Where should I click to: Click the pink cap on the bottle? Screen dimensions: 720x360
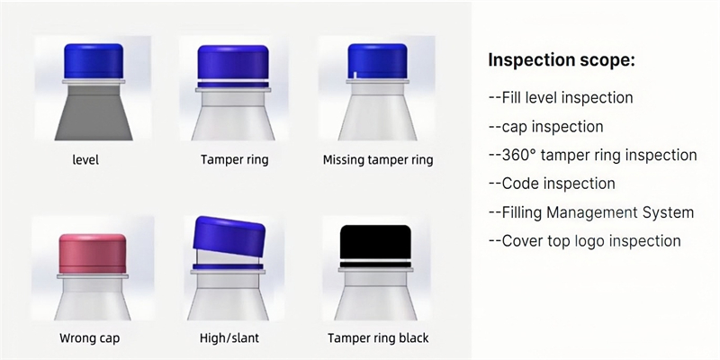93,254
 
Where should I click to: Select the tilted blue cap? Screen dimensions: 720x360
229,236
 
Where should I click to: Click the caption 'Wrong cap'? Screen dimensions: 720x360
89,338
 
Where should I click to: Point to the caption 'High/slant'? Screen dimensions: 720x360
229,338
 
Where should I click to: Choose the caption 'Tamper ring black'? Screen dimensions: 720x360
378,338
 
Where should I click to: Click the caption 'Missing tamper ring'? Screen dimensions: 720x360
378,160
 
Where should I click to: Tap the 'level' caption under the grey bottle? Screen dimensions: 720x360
85,160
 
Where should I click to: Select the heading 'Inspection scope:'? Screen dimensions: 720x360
561,60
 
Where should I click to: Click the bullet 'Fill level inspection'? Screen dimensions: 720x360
567,98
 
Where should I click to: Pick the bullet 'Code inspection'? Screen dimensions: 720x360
558,184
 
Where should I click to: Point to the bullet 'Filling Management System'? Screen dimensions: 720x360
598,212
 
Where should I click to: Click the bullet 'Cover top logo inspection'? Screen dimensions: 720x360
591,241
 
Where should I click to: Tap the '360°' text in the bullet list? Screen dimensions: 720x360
519,155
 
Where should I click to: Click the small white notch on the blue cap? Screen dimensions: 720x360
355,75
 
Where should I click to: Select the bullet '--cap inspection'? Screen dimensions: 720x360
546,127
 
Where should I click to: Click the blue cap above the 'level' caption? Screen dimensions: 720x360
94,60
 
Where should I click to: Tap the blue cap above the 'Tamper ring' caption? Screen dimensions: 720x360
233,63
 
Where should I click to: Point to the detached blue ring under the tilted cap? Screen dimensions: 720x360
229,266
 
